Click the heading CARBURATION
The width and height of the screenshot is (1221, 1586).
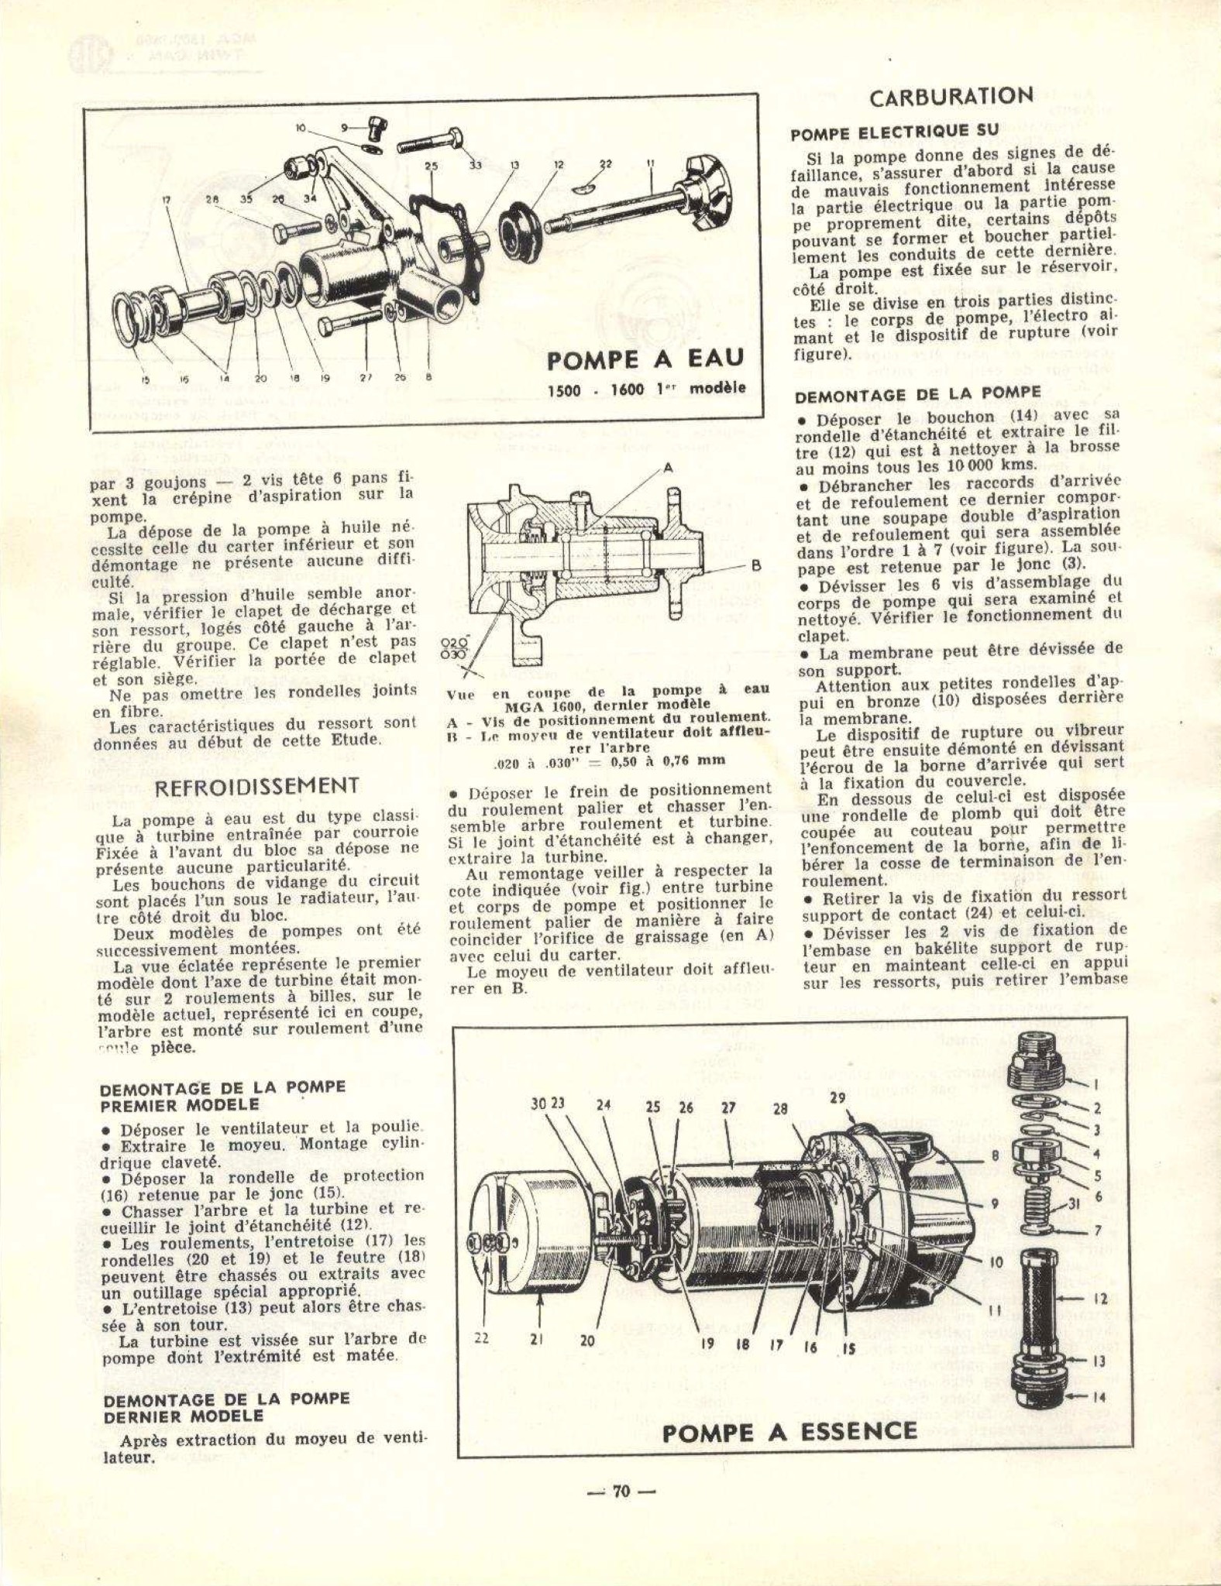[951, 98]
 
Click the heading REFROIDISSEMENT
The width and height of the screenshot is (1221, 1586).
[257, 786]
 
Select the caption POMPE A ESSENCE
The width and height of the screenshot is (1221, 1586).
[789, 1431]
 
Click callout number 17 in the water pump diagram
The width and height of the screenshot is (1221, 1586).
[166, 200]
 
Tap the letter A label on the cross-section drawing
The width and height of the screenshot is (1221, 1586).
[666, 469]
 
